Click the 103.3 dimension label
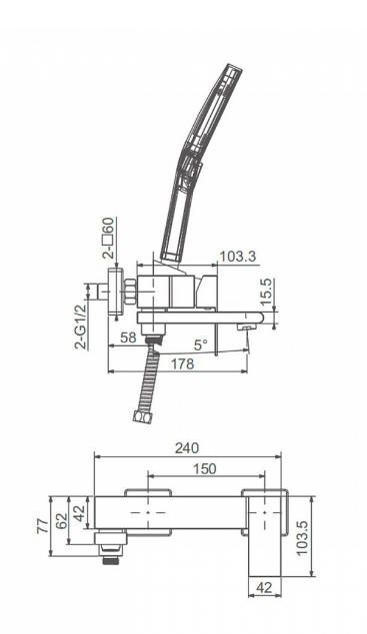(x=238, y=257)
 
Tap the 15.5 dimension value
(x=267, y=292)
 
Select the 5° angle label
(x=201, y=344)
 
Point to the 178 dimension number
(x=182, y=363)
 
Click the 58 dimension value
(x=129, y=337)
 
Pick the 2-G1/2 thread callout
(x=81, y=327)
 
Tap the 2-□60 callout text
(x=109, y=239)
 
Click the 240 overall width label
(x=187, y=448)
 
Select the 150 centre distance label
(x=205, y=468)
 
